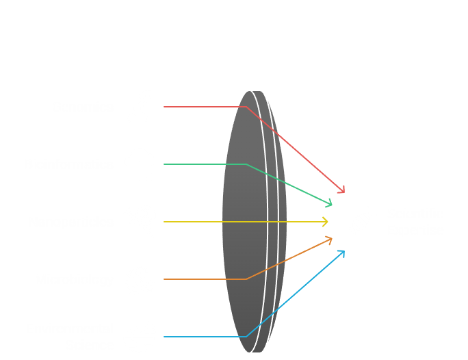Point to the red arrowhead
(341, 190)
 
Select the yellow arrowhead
(325, 222)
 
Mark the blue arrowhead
(341, 253)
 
